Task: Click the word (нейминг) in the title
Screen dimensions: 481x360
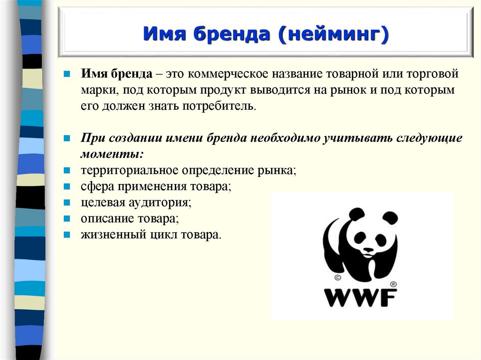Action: pos(334,34)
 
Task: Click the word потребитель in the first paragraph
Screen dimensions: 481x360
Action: pos(219,106)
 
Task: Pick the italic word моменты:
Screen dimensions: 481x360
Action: pos(112,154)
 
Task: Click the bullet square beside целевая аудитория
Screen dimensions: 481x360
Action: pos(67,203)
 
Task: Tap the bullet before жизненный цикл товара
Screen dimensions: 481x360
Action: pos(67,235)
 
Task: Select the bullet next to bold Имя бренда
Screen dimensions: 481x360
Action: pos(67,74)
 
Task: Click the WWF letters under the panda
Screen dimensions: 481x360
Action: pos(360,298)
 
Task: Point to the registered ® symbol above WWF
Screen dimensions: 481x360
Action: pos(393,284)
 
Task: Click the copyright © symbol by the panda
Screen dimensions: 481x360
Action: pos(338,278)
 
